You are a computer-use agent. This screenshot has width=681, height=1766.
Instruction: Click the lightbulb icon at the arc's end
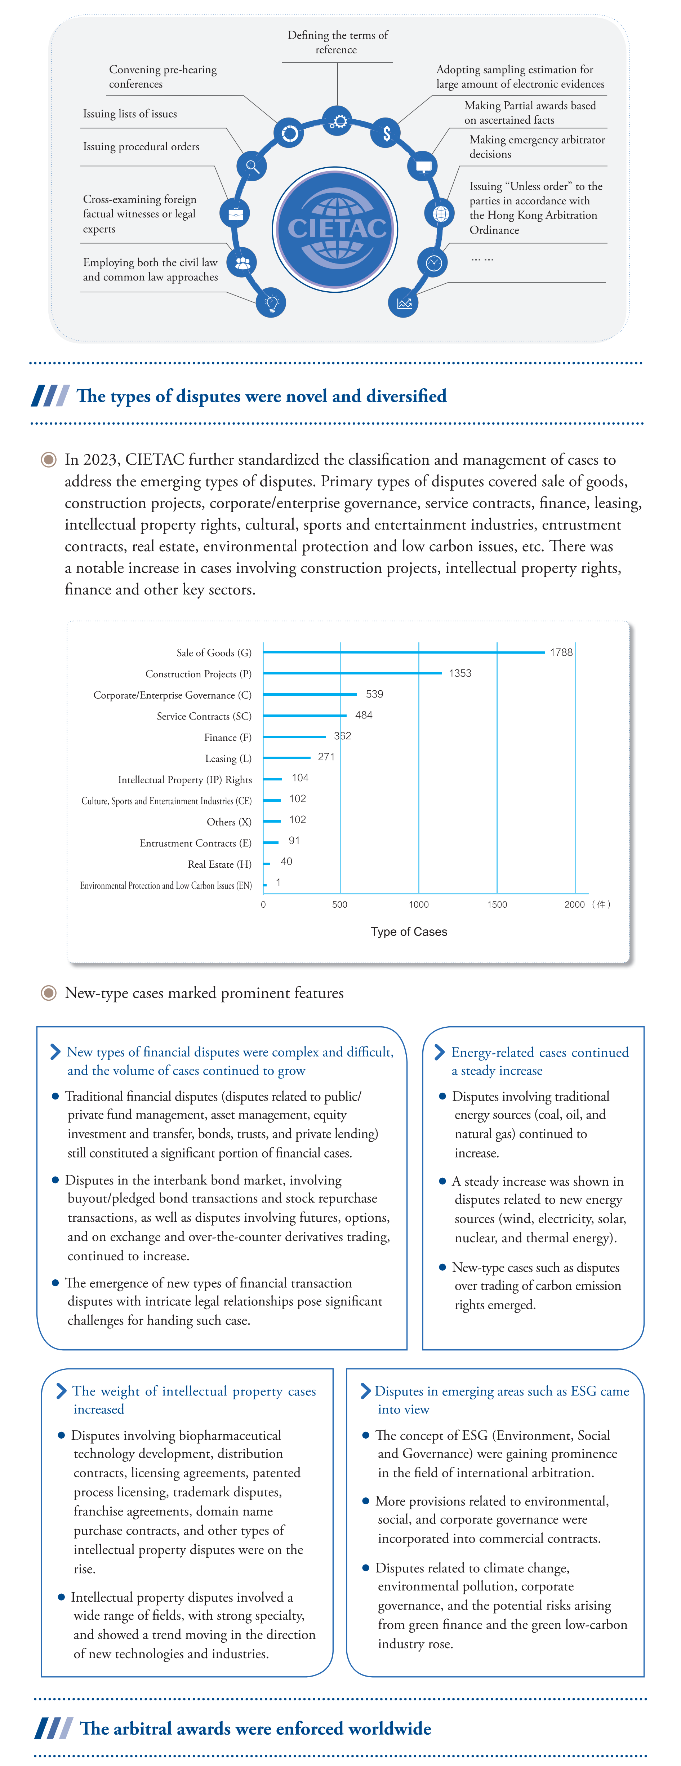click(x=271, y=302)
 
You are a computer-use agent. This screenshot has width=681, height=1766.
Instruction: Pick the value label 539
click(x=374, y=694)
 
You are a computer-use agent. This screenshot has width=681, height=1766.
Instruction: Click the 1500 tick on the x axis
click(x=497, y=904)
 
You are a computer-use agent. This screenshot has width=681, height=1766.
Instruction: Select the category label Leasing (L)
click(x=228, y=758)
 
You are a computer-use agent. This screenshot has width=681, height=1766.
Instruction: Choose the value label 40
click(x=286, y=861)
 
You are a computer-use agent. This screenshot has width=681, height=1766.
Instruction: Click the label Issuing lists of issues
click(x=130, y=114)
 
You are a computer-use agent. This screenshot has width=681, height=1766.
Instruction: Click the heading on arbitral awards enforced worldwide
click(x=255, y=1727)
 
